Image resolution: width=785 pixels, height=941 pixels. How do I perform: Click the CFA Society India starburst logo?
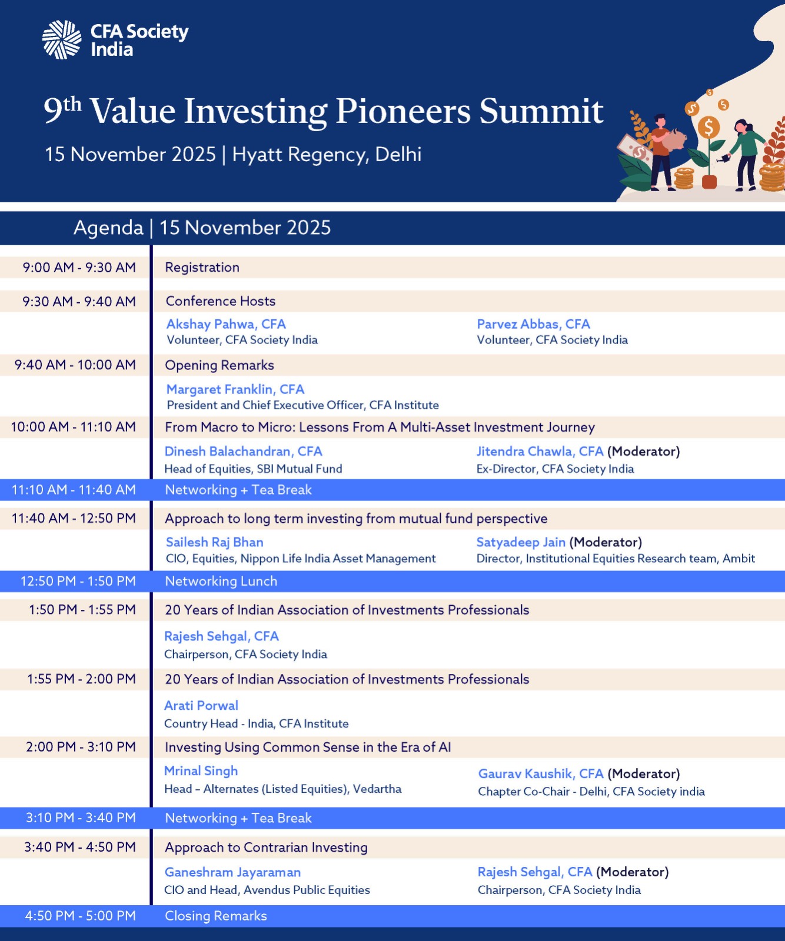point(62,39)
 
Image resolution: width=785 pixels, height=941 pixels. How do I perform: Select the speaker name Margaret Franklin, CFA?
point(235,389)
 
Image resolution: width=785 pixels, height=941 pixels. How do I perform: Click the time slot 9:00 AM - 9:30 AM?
point(79,268)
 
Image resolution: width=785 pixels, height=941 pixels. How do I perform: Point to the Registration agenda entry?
point(202,268)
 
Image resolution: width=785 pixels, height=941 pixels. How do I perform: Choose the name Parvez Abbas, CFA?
point(533,324)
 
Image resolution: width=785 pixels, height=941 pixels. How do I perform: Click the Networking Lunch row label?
point(221,581)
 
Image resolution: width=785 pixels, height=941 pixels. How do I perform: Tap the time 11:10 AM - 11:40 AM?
point(74,490)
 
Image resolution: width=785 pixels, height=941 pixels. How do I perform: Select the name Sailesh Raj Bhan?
point(214,542)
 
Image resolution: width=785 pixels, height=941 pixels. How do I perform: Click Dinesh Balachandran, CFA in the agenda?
point(243,452)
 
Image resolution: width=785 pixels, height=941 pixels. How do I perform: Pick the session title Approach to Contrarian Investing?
point(266,847)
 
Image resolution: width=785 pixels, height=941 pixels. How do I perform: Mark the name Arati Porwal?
point(201,706)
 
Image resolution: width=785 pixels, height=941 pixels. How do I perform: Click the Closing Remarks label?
point(216,916)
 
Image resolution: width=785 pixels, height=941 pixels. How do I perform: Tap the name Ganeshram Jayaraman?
point(232,873)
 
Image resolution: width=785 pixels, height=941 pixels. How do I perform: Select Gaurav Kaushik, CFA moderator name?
point(541,774)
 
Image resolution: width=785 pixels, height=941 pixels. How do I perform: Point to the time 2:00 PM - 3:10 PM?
point(81,747)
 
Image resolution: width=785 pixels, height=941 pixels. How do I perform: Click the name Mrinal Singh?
point(201,771)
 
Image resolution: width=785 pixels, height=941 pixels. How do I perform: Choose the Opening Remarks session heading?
point(219,365)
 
